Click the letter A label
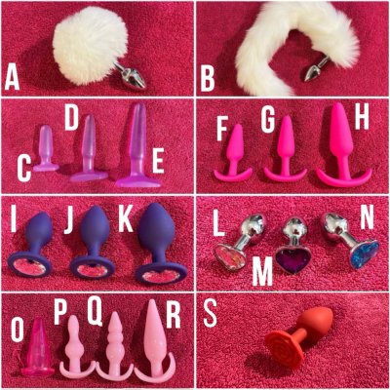tap(12, 77)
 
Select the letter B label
tap(208, 78)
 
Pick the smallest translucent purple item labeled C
tap(46, 149)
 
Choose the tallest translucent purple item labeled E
tap(138, 145)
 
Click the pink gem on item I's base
tap(29, 268)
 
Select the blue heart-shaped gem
tap(366, 254)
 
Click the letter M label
tap(262, 273)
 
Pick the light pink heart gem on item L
tap(230, 257)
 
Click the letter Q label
tap(96, 313)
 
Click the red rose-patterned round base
tap(284, 344)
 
